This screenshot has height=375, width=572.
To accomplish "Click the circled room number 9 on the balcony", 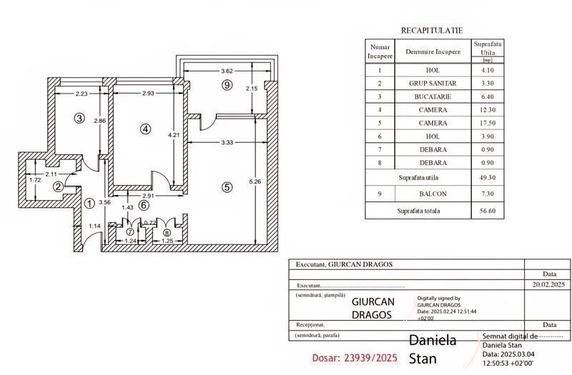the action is pos(227,85).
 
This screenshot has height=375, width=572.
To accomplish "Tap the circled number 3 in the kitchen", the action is pos(79,118).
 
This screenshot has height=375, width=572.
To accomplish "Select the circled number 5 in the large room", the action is pos(227,187).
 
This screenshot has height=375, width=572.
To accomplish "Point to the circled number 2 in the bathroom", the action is pos(58,186).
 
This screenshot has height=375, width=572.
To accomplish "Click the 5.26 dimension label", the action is pos(255,181).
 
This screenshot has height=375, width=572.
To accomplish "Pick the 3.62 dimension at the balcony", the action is pos(227,71).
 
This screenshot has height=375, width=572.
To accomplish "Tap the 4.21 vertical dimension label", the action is pos(174,135).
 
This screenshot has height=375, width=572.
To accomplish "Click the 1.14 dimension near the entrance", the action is pos(94,226).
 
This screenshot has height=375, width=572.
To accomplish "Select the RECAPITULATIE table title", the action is pos(432,31).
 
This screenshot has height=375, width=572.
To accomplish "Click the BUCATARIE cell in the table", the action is pos(433,96).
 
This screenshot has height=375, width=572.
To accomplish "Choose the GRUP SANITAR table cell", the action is pos(433,84).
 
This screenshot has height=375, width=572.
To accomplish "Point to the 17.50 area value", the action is pos(488,123).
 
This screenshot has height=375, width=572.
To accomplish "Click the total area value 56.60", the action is pos(488,211).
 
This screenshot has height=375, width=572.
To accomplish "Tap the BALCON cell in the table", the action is pos(433,194).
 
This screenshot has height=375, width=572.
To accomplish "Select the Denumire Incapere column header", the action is pos(433,51).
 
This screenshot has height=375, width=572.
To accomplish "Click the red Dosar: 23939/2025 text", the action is pos(355,358).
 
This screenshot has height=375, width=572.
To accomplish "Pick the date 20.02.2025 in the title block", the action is pos(548,284).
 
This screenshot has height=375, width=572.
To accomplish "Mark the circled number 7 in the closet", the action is pos(130,231).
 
